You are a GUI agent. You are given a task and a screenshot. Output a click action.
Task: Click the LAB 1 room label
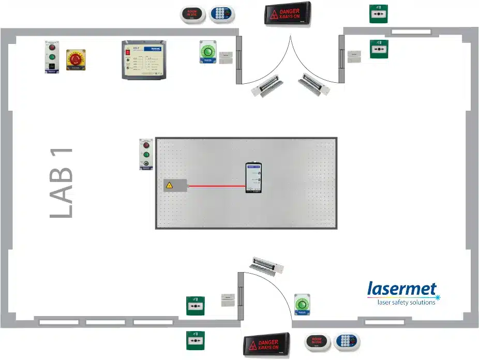coord(61,183)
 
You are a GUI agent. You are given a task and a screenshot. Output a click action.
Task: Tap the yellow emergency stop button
coord(76,60)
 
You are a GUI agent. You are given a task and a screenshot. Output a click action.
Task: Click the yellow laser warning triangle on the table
coord(169,185)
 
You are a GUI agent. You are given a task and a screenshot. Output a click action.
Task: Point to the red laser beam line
coord(216,185)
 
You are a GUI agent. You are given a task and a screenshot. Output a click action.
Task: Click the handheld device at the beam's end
coord(254,178)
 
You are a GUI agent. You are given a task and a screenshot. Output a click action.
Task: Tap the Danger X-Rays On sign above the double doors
coord(287,14)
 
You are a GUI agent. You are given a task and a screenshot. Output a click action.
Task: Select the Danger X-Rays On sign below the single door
coord(267,342)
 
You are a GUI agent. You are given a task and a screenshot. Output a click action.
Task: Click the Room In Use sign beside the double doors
coord(192,14)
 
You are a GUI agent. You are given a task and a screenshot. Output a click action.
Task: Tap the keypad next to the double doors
coord(222,14)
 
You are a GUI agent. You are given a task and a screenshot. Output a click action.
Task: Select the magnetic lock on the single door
coord(267,265)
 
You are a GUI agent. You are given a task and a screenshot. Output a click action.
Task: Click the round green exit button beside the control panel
coord(208,52)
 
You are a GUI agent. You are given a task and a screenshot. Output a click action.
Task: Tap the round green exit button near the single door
coord(302,304)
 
